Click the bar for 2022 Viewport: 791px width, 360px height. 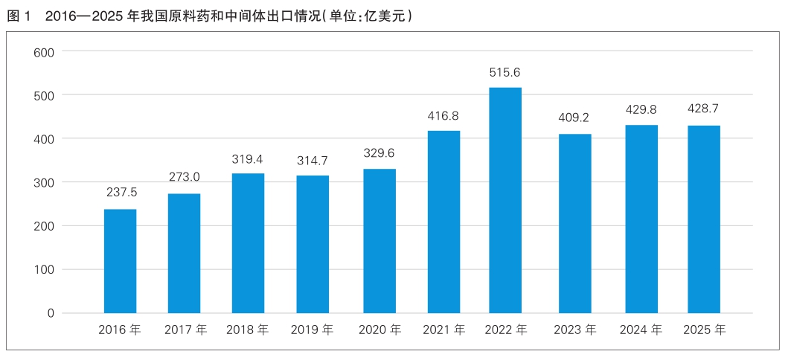pyautogui.click(x=505, y=200)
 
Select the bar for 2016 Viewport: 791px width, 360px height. pyautogui.click(x=120, y=261)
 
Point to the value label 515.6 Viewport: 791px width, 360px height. pyautogui.click(x=505, y=72)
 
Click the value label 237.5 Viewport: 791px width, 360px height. pyautogui.click(x=120, y=193)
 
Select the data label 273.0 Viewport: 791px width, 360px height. pyautogui.click(x=184, y=177)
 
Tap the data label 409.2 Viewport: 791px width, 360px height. pyautogui.click(x=574, y=118)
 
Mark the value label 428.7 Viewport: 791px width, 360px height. pyautogui.click(x=703, y=109)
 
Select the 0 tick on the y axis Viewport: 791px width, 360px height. pyautogui.click(x=51, y=313)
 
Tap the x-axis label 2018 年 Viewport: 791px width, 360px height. pyautogui.click(x=248, y=330)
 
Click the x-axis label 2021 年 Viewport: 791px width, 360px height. pyautogui.click(x=444, y=330)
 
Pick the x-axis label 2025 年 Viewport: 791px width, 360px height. pyautogui.click(x=704, y=330)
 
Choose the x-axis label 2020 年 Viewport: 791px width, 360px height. pyautogui.click(x=380, y=330)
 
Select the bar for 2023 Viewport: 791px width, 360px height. pyautogui.click(x=574, y=223)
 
